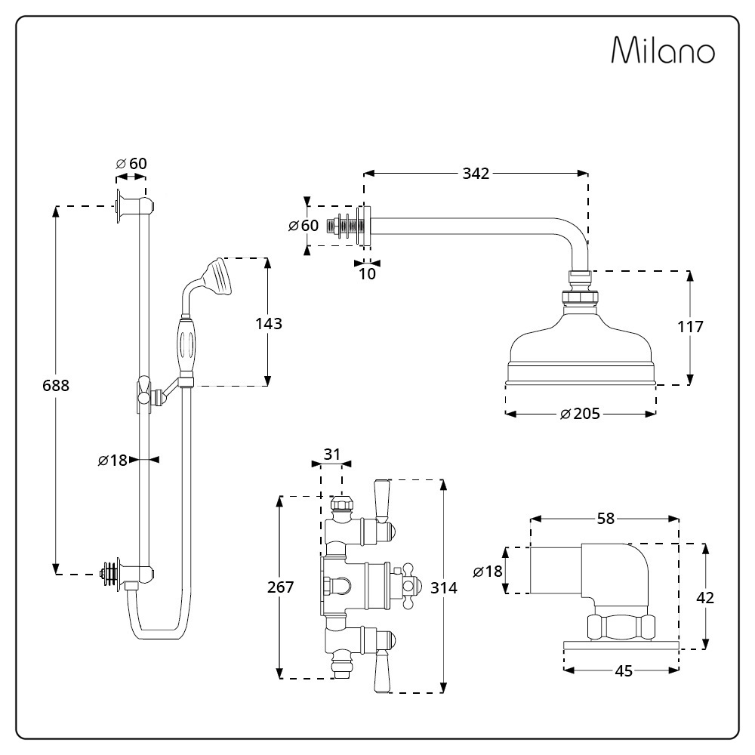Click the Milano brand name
point(663,50)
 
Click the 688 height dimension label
point(56,386)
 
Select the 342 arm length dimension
point(476,174)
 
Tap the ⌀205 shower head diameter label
point(580,414)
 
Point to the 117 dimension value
point(691,327)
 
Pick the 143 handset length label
point(269,324)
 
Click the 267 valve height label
point(280,587)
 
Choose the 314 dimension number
point(444,587)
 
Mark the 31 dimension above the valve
point(331,454)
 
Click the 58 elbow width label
point(606,519)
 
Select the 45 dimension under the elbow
point(624,670)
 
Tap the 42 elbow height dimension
point(705,597)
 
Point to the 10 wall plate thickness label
point(367,274)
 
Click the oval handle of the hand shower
point(186,344)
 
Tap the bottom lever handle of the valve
point(382,670)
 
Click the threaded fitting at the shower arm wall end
point(343,226)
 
